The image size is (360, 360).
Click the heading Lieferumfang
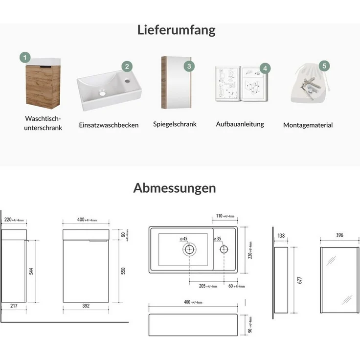point(177,30)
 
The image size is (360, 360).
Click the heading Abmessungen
point(174,188)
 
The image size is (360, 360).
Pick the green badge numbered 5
point(323,65)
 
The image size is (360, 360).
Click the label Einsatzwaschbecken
point(109,125)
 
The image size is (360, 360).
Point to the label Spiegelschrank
point(175,124)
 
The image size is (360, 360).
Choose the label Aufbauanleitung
point(240,124)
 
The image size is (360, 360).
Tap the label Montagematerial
point(308,125)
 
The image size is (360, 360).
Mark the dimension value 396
point(339,236)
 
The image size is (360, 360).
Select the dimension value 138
point(281,236)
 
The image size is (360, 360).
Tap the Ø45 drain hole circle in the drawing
point(190,249)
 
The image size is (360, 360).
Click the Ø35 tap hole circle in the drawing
point(224,249)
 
